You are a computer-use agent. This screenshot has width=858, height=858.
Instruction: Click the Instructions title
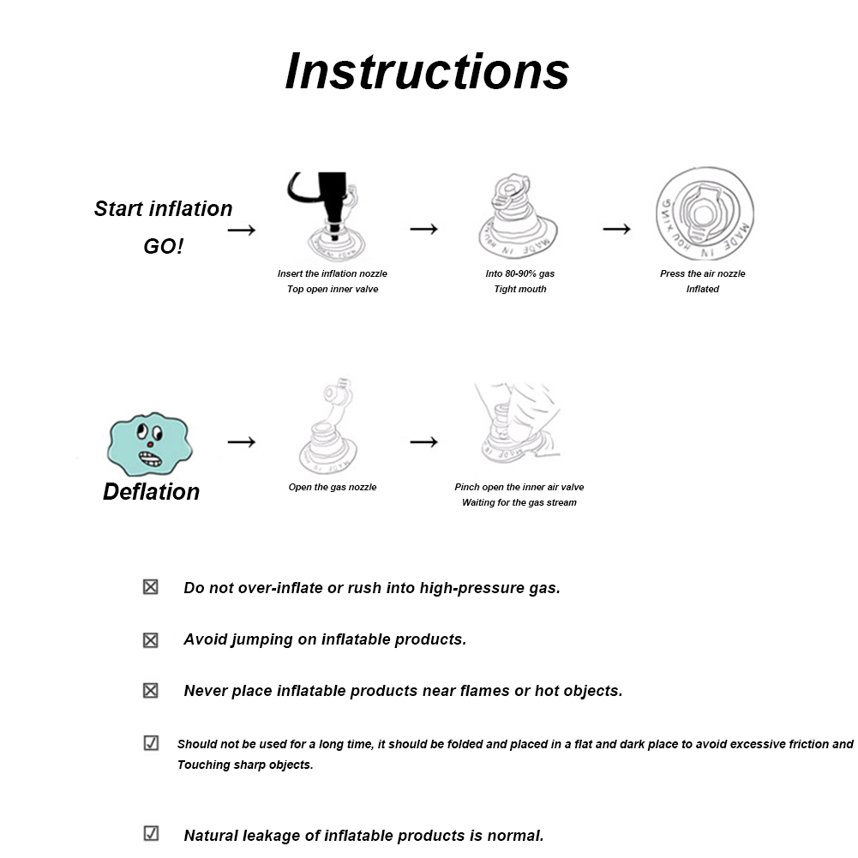427,70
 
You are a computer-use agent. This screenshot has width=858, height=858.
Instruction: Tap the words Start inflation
163,209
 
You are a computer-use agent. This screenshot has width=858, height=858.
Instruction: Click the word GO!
163,247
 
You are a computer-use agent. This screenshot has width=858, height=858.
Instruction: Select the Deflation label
151,492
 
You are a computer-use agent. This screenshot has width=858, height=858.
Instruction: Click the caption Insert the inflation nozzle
333,273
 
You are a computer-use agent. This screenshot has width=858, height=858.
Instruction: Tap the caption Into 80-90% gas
520,273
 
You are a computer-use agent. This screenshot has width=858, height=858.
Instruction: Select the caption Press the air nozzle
702,273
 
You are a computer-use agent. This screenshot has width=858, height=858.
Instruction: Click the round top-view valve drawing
705,213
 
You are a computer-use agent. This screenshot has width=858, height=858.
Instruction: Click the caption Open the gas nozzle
333,487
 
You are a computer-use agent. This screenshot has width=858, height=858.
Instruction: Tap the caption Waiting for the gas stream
519,502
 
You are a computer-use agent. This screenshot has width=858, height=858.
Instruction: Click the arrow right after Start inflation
242,230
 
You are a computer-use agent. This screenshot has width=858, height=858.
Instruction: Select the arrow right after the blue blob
242,441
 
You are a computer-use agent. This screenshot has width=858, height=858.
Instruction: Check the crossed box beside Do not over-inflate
151,587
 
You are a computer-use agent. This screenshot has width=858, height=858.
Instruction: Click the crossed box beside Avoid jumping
151,639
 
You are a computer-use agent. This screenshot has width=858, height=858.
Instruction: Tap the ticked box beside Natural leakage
151,833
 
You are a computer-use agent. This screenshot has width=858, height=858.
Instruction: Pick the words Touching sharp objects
245,765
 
